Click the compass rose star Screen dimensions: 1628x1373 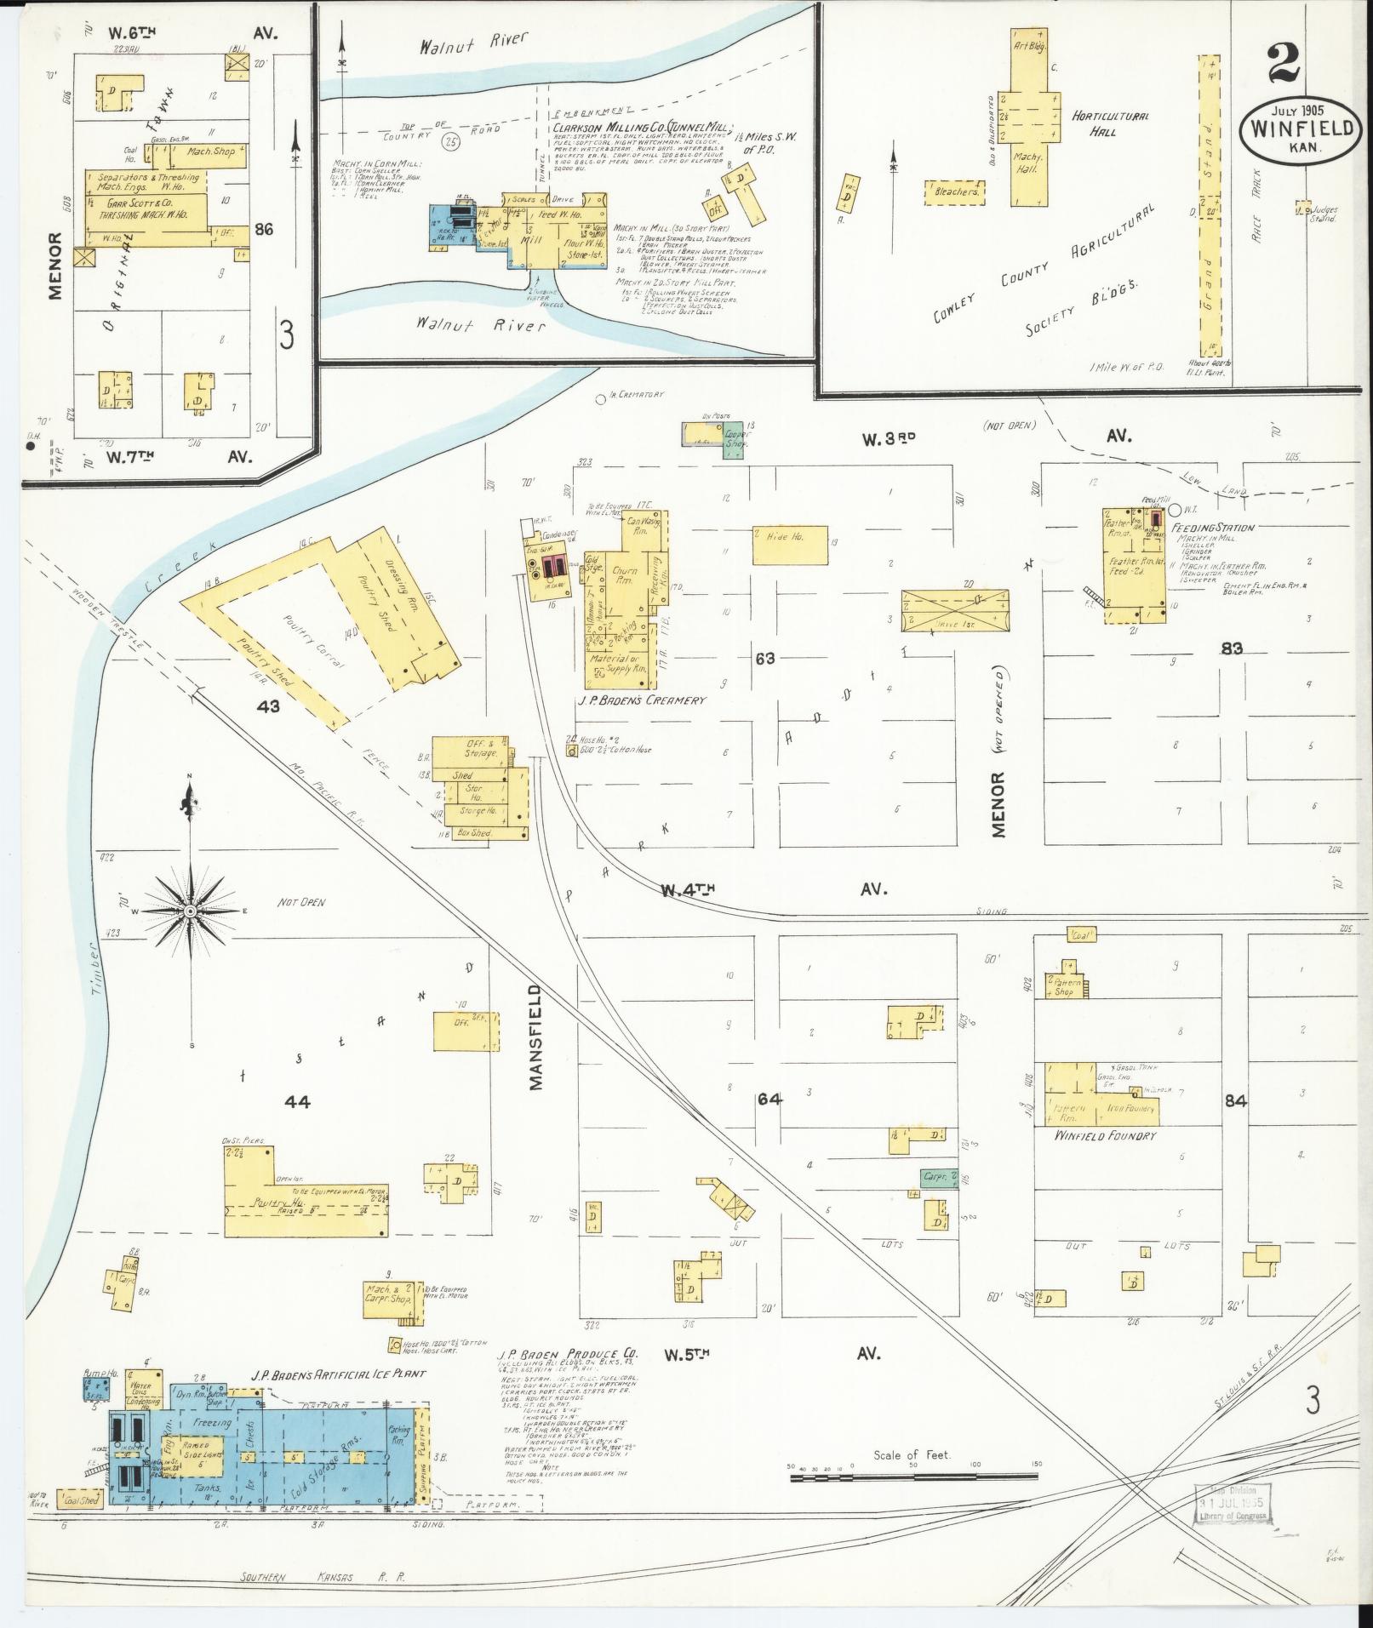click(192, 911)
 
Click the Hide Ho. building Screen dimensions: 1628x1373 click(789, 546)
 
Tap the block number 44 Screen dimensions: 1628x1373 click(297, 1102)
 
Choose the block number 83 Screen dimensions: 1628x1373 click(1232, 648)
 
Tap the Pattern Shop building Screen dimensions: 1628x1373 click(1063, 986)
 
